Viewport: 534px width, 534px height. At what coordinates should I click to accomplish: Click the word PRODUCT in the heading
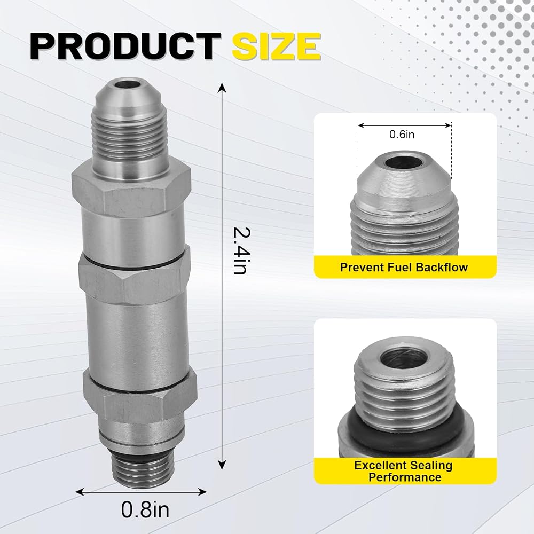[x=125, y=46]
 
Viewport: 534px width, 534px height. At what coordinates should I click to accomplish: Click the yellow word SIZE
[x=276, y=46]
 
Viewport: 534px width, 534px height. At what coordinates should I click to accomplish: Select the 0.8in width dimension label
[x=145, y=510]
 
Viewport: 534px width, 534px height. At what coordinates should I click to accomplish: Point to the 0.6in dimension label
[x=402, y=135]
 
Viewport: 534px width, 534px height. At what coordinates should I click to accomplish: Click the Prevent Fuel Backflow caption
[x=404, y=267]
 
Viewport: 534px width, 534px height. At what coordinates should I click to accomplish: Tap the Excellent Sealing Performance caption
[x=404, y=471]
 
